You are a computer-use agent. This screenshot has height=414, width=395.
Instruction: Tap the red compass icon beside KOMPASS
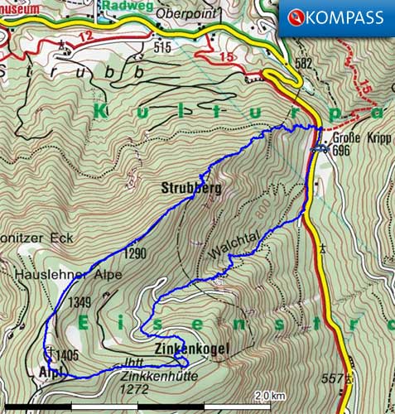pyautogui.click(x=295, y=17)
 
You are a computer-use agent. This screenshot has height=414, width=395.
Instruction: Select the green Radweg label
pyautogui.click(x=123, y=4)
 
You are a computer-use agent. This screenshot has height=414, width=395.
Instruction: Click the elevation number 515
pyautogui.click(x=162, y=47)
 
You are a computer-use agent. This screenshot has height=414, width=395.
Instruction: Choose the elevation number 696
pyautogui.click(x=341, y=152)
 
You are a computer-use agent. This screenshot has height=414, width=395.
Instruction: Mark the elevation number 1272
pyautogui.click(x=134, y=388)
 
